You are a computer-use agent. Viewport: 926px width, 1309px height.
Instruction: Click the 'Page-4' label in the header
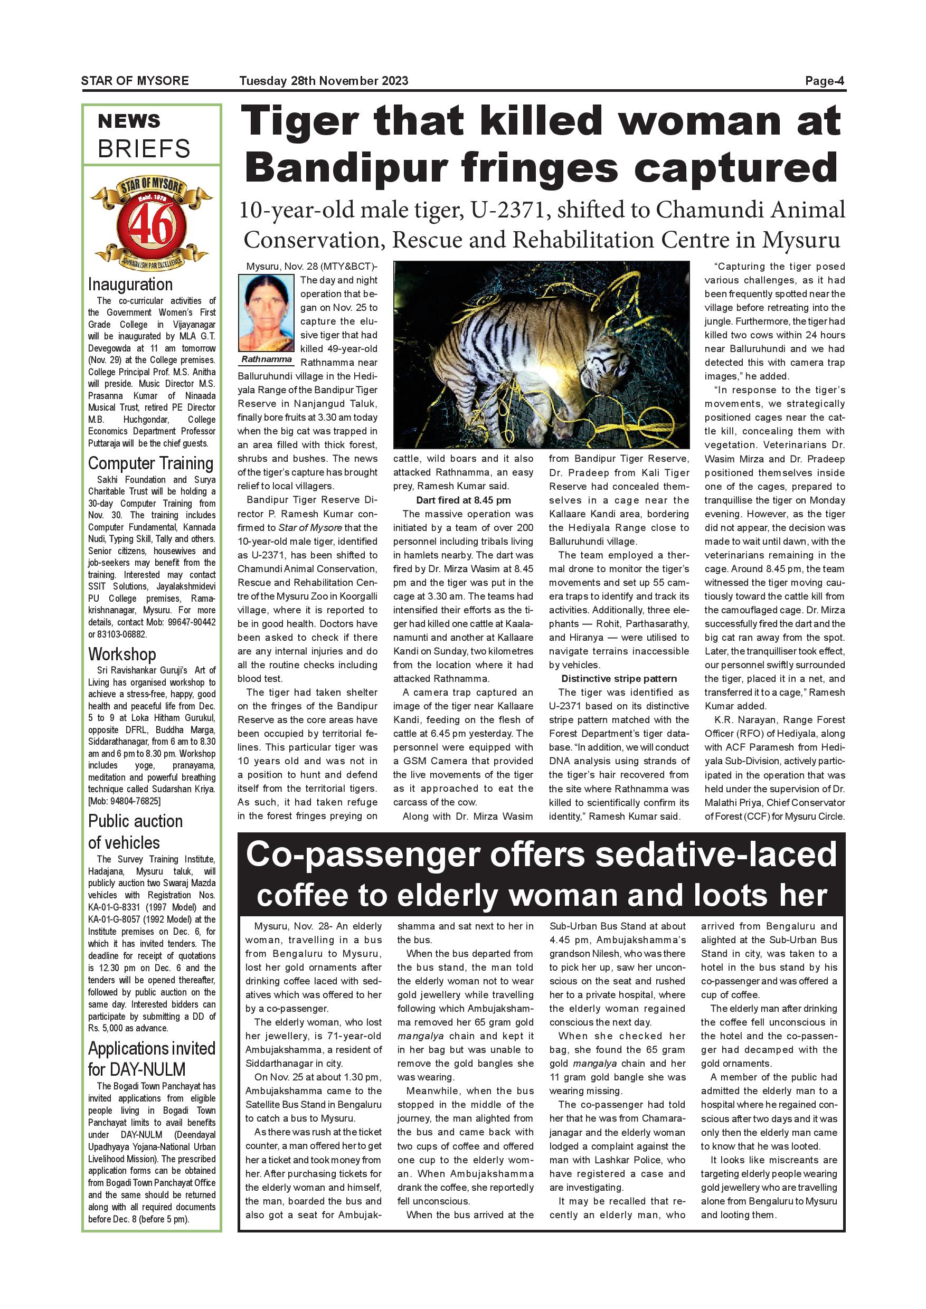pos(824,81)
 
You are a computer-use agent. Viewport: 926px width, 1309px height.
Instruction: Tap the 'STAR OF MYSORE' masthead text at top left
pos(135,81)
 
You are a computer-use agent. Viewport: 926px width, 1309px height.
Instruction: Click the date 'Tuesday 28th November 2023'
pos(323,81)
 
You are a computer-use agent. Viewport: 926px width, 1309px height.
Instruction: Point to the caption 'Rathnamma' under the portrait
pos(266,360)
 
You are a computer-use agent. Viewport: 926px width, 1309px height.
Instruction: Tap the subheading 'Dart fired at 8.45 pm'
pos(463,500)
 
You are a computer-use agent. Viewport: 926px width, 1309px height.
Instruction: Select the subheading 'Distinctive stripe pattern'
pos(619,678)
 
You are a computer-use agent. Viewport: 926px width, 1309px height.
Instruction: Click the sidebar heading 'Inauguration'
pos(130,284)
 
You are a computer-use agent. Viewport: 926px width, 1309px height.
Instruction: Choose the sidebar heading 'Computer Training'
pos(150,463)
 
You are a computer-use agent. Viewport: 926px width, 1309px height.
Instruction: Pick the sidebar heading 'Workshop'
pos(122,654)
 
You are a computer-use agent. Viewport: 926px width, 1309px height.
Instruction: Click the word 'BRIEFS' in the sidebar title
pos(144,149)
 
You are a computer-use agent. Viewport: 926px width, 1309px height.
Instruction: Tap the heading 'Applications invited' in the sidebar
pos(152,1048)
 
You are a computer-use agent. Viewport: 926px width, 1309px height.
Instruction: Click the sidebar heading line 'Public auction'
pos(135,821)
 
